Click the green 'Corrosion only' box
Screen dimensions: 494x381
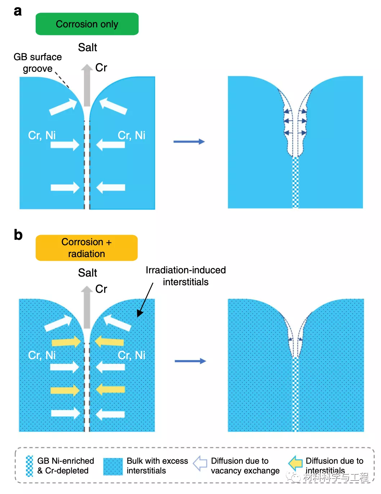tap(87, 24)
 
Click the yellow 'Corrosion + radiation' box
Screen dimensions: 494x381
tap(86, 248)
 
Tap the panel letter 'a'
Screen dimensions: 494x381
tap(18, 11)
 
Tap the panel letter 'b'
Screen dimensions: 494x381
tap(18, 235)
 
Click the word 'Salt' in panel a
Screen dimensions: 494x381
tap(88, 48)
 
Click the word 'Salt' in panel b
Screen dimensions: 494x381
tap(88, 273)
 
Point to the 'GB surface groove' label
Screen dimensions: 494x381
tap(37, 63)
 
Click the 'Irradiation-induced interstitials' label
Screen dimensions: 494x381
tap(185, 276)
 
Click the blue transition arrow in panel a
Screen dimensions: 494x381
tap(189, 142)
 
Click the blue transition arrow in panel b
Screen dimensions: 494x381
tap(190, 361)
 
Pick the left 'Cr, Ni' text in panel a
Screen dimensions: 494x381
tap(42, 135)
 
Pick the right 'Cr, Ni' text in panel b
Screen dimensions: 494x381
tap(131, 355)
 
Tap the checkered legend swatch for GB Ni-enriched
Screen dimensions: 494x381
tap(30, 466)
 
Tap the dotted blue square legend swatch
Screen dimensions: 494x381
tap(113, 466)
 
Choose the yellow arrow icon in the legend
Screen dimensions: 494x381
tap(296, 463)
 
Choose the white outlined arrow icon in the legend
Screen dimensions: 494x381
tap(200, 464)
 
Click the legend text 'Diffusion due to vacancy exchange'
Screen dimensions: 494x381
tap(245, 466)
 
